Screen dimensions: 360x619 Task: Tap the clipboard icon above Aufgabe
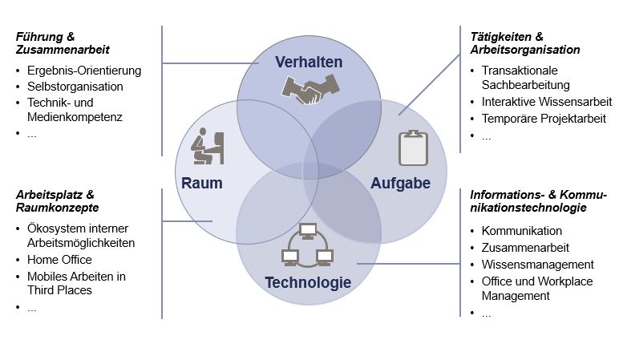point(413,148)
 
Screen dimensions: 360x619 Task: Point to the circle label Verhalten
point(309,62)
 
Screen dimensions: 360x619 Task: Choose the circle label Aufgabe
point(400,183)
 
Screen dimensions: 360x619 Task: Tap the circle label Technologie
point(308,282)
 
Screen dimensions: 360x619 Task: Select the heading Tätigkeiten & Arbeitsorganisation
point(525,42)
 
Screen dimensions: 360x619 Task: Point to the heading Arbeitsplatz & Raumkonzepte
point(57,200)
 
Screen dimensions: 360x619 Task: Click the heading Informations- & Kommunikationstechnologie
point(538,201)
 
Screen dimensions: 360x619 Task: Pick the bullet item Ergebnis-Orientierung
point(83,70)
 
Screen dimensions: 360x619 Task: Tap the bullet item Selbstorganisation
point(75,87)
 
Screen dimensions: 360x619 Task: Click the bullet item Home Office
point(59,260)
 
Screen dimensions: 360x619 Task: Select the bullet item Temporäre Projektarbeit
point(544,119)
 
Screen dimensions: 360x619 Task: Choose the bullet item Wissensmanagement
point(537,264)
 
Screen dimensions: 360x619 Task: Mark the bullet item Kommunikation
point(522,232)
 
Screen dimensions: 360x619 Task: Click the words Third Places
point(59,290)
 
